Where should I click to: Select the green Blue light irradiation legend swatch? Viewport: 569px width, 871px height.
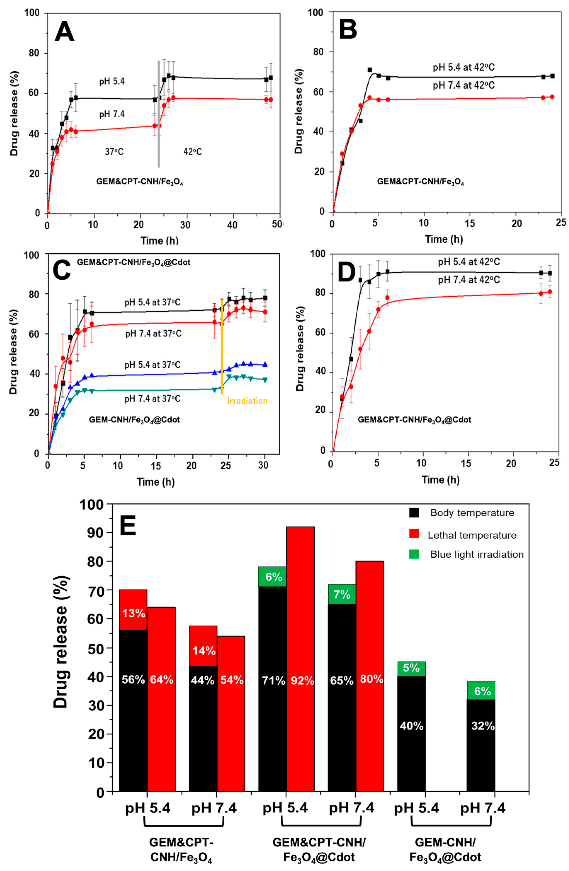coord(414,554)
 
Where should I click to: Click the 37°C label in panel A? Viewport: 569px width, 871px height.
coord(114,151)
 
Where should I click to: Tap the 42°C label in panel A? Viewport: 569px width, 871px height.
coord(193,151)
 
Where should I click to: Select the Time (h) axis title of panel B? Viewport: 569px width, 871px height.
coord(444,239)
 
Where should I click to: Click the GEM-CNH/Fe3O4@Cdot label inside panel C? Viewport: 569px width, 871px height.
coord(134,420)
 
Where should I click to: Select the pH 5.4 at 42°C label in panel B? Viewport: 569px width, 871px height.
coord(463,68)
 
